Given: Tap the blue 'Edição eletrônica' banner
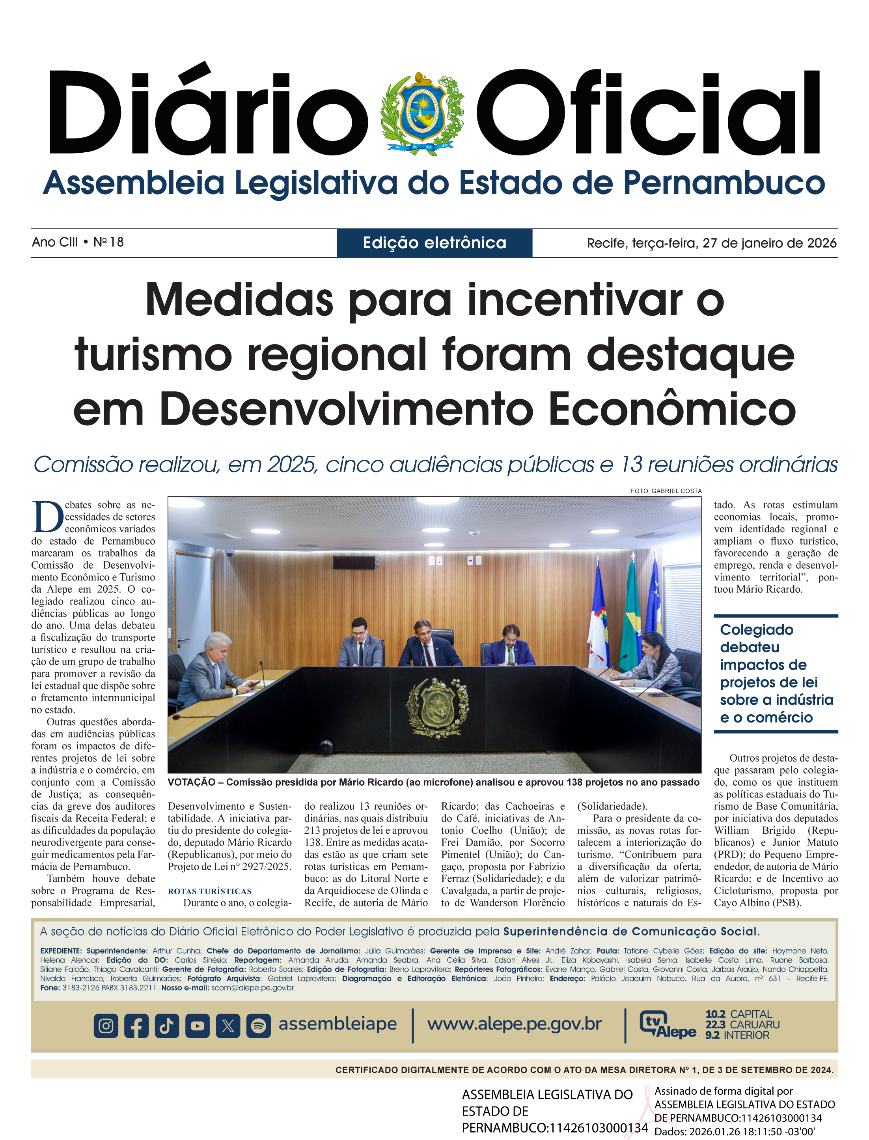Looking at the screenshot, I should [x=434, y=243].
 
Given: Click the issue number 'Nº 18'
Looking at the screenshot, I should [x=109, y=242].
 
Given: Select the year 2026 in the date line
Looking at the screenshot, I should [x=821, y=243].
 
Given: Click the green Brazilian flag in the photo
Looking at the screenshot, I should [x=630, y=616].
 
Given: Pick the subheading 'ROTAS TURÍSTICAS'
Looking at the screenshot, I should [x=209, y=891].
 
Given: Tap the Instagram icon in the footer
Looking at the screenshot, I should [x=106, y=1026].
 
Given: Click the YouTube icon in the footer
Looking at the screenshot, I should [x=198, y=1026].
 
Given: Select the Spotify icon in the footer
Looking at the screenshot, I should [x=259, y=1026].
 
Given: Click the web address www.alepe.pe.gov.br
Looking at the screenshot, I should [x=514, y=1024].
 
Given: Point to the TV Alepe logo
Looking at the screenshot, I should [x=667, y=1024].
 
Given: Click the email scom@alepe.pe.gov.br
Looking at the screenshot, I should [x=252, y=987].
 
